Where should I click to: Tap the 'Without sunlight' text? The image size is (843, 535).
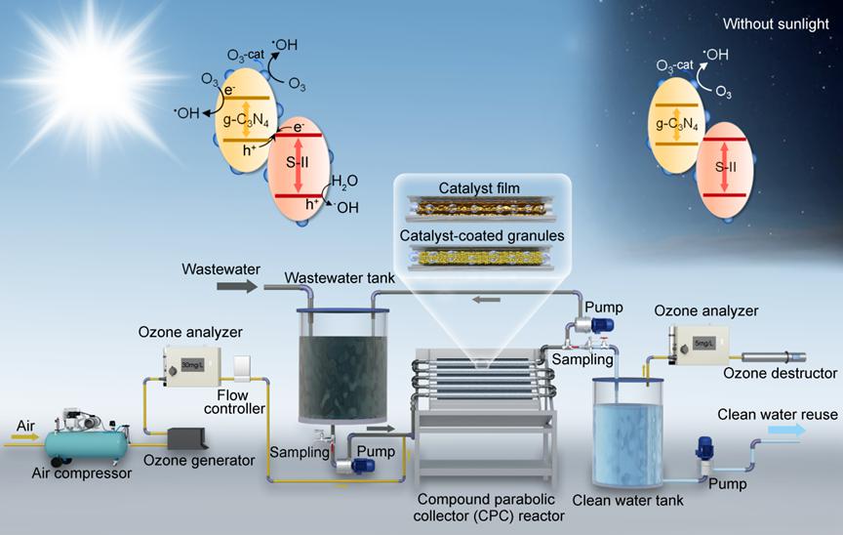pos(778,22)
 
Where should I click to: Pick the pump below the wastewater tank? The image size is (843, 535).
pos(355,466)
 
